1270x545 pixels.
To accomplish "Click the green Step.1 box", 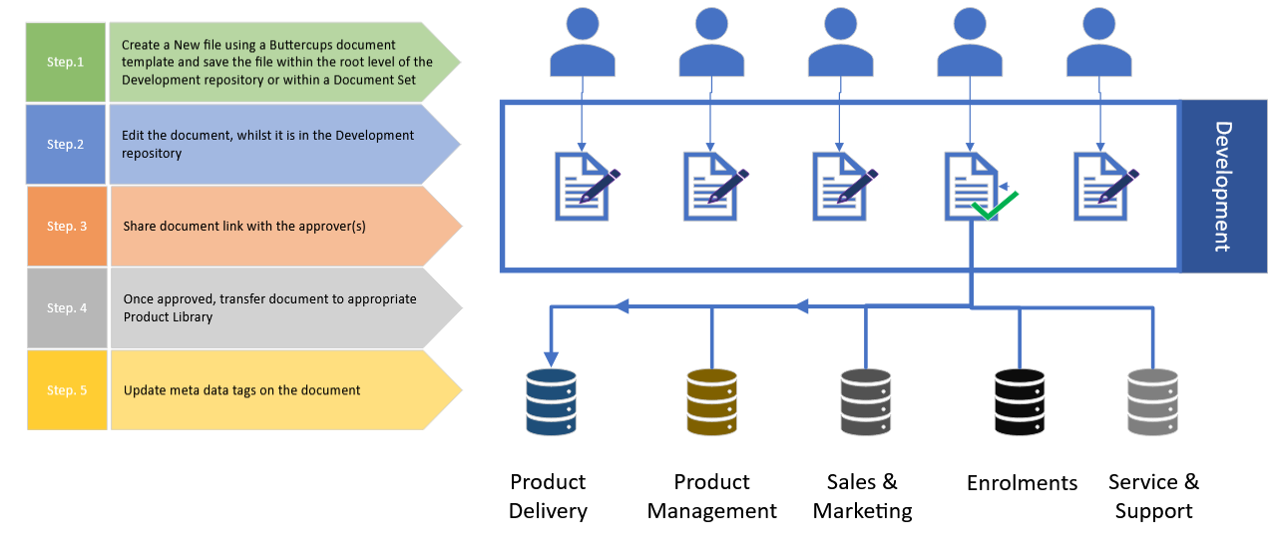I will point(66,62).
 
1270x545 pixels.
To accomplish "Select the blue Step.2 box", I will point(66,144).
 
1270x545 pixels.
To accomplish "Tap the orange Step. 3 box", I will point(67,226).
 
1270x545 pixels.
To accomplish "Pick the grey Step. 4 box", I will point(67,307).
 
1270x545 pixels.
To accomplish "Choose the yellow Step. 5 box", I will point(67,389).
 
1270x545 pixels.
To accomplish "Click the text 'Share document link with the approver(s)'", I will point(244,227).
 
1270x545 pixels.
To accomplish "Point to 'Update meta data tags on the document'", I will point(241,390).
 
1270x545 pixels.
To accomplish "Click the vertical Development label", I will point(1223,187).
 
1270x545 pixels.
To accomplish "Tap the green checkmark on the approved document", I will point(994,207).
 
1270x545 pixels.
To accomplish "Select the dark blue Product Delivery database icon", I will point(551,402).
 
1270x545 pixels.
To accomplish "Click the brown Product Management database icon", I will point(711,402).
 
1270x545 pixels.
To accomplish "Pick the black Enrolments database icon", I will point(1020,402).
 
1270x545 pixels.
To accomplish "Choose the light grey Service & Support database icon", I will point(1152,402).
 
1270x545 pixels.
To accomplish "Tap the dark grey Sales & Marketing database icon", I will point(865,402).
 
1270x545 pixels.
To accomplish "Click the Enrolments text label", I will point(1022,483).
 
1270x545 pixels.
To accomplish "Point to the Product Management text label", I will point(711,496).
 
